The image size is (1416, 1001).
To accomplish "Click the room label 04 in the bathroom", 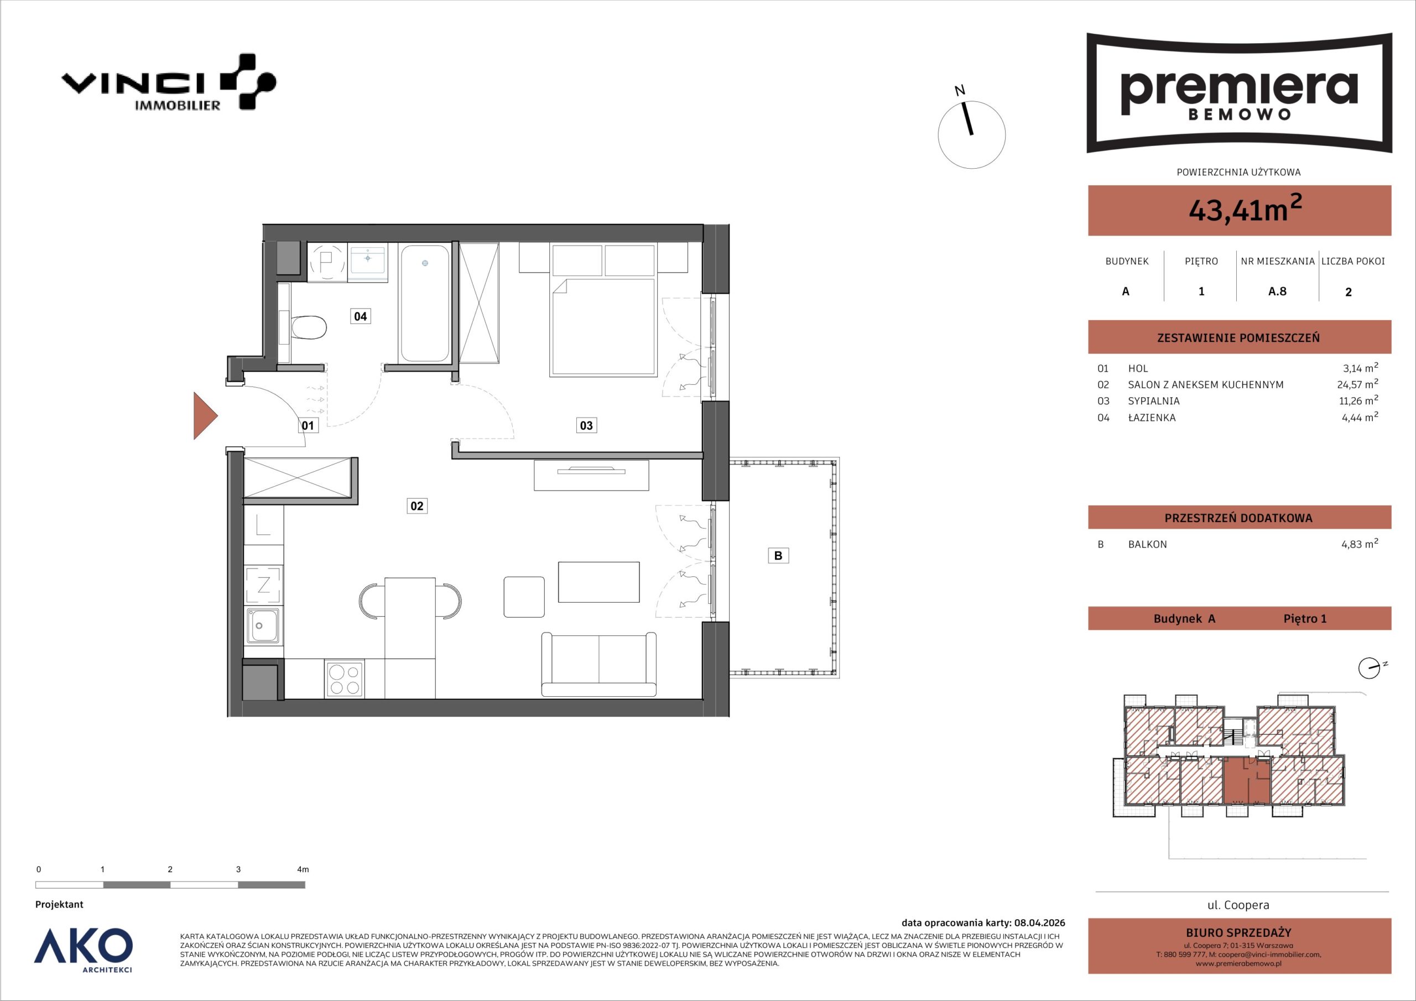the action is (360, 316).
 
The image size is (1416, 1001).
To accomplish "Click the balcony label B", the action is (778, 555).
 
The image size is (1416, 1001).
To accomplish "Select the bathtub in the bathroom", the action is (424, 303).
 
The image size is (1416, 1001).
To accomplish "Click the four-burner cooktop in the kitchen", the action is (345, 679).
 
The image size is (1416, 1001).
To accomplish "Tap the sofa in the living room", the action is (598, 664).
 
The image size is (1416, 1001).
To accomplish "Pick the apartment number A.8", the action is (1277, 291).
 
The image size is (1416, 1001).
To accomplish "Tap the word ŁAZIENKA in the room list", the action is (1152, 418).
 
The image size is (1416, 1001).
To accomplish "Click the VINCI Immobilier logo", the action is (168, 82).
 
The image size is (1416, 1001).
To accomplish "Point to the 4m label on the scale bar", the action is (303, 869).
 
